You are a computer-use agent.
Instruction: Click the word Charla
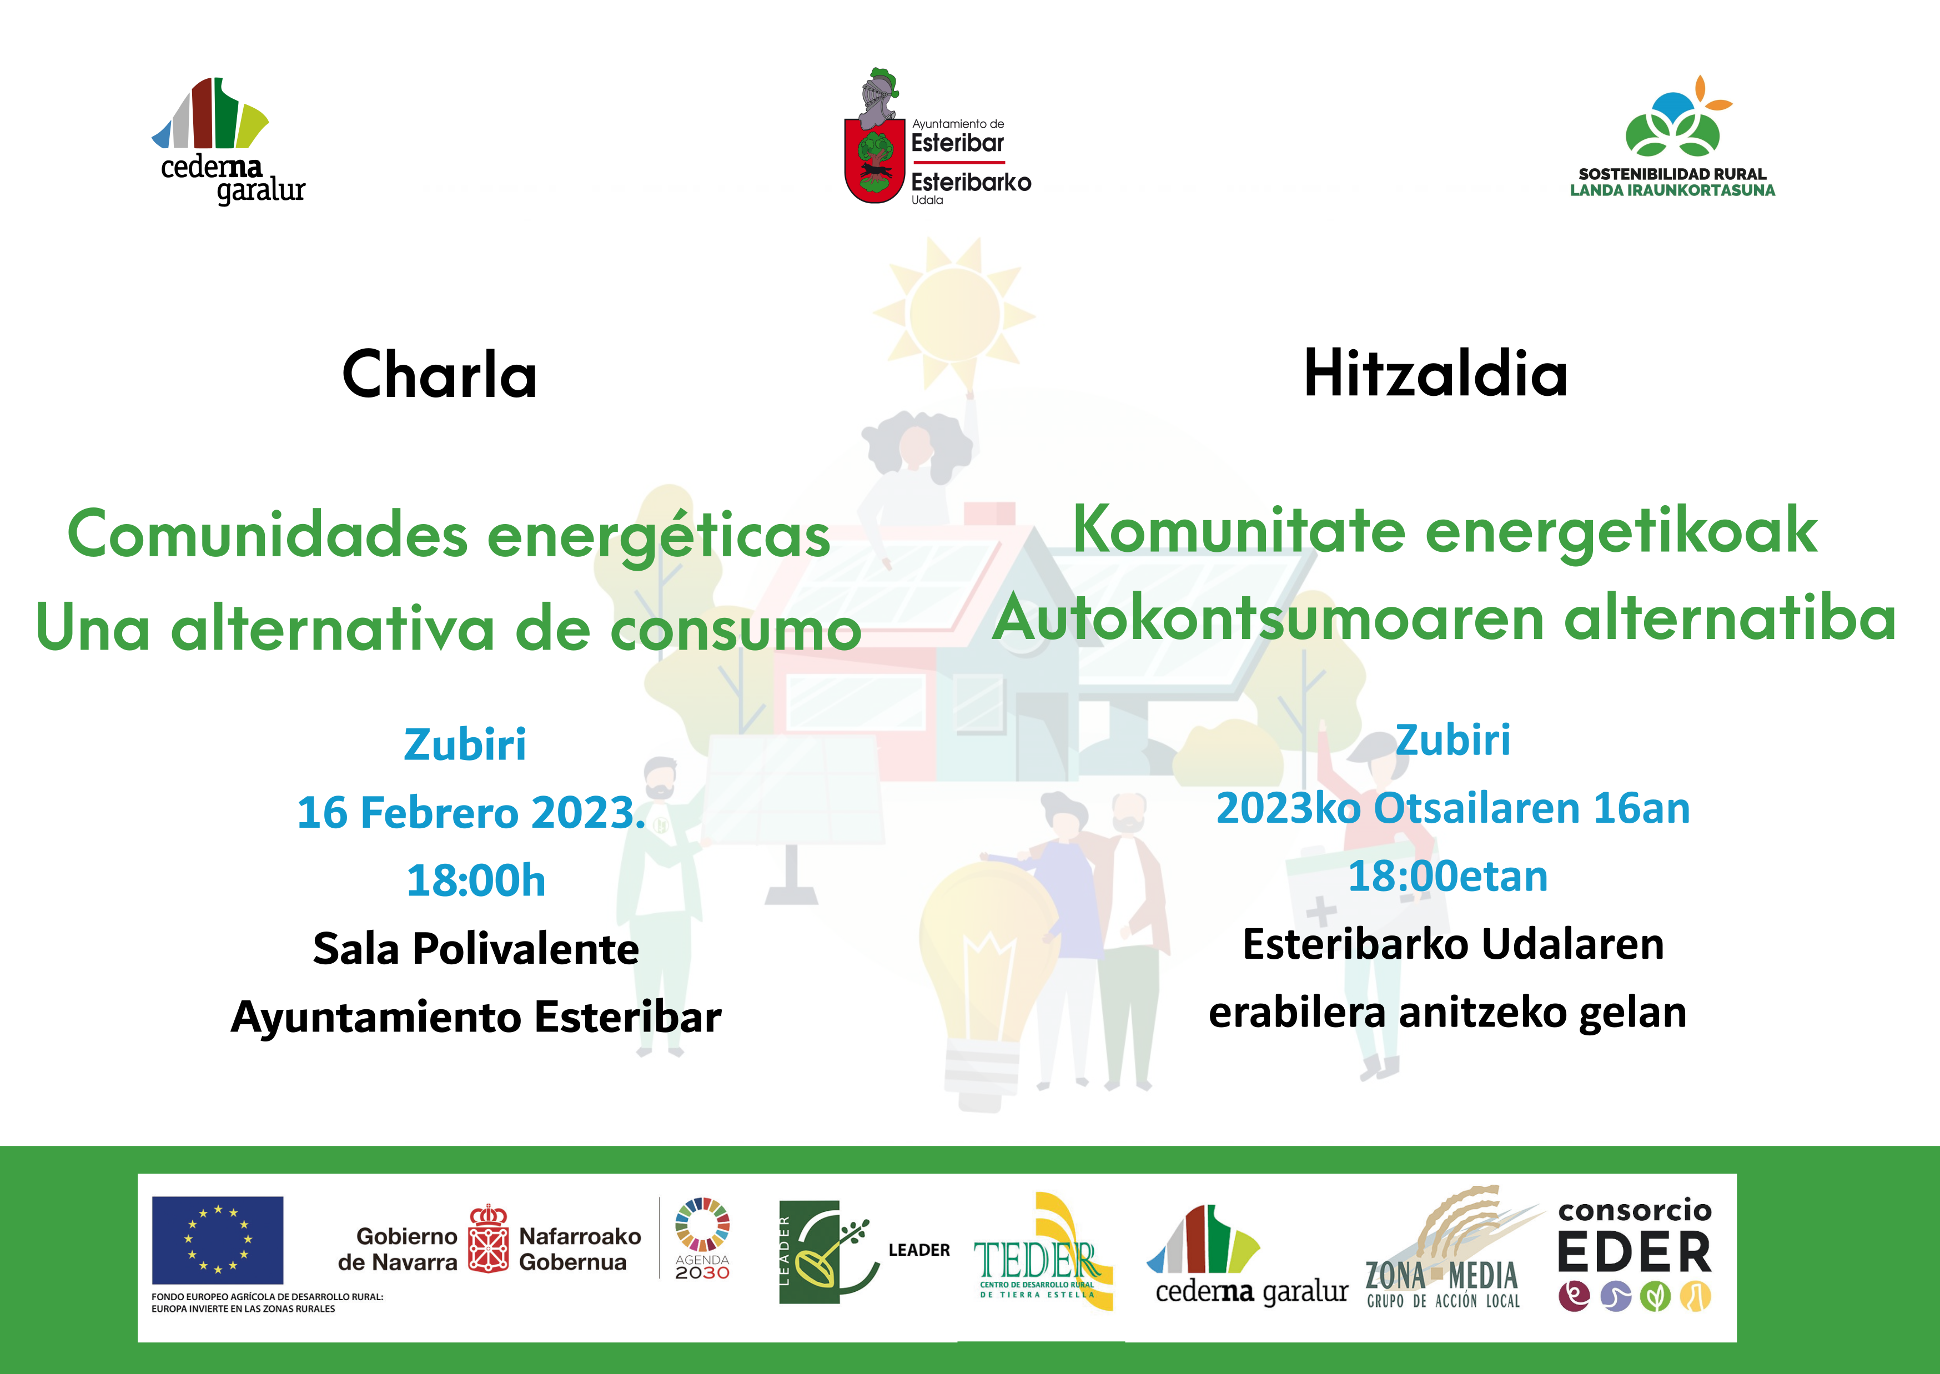coord(439,374)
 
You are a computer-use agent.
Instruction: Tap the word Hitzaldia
coord(1436,373)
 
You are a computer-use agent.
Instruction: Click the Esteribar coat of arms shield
coord(874,161)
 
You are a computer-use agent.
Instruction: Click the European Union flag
coord(218,1240)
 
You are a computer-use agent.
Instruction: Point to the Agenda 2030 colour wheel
coord(702,1224)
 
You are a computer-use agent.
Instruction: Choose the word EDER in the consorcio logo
coord(1635,1252)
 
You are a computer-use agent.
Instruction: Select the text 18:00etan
coord(1448,875)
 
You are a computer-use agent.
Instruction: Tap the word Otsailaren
coord(1477,808)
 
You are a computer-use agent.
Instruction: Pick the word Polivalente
coord(525,948)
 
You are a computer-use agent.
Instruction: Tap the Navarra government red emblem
coord(488,1239)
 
